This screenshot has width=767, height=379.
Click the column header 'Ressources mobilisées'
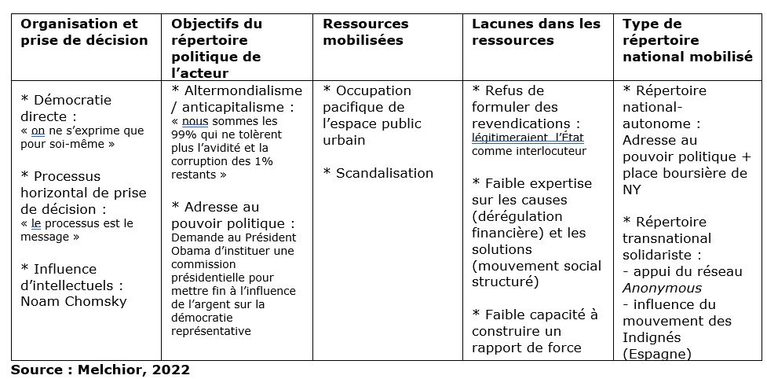[365, 32]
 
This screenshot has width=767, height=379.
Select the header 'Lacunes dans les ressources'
[535, 32]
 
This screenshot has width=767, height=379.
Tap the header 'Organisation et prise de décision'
[84, 32]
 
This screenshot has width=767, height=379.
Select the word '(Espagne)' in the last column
[657, 354]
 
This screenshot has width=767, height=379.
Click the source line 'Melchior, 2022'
[138, 368]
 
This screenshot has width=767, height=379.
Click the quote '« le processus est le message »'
[77, 230]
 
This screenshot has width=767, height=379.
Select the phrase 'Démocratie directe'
[67, 109]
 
